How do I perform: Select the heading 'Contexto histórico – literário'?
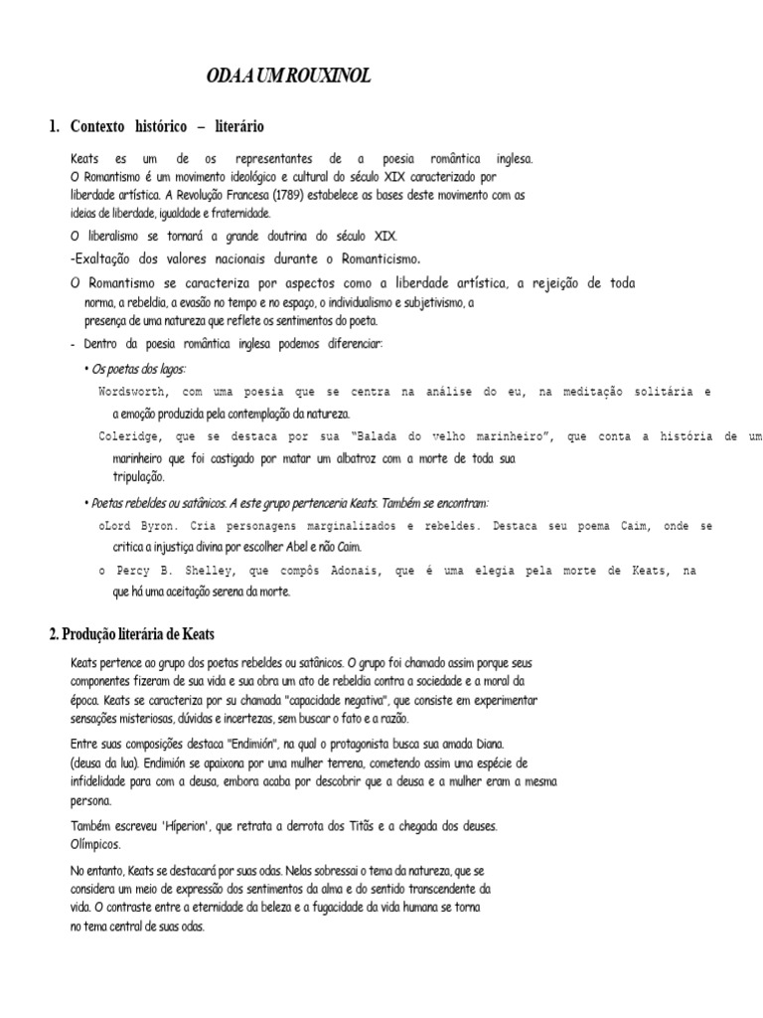point(167,126)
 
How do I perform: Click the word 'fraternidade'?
point(238,213)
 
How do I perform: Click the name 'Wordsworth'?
point(133,392)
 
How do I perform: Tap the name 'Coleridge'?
point(130,436)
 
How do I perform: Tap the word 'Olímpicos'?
point(95,844)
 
